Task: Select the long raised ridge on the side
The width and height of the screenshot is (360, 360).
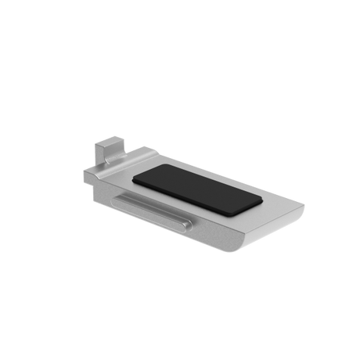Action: [x=153, y=211]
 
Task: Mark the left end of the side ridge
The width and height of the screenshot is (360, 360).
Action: [x=120, y=200]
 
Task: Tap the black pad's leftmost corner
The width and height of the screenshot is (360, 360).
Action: [x=133, y=178]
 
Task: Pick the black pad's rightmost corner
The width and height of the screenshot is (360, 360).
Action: [x=261, y=198]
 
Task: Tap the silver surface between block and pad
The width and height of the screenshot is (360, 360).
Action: [x=125, y=167]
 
